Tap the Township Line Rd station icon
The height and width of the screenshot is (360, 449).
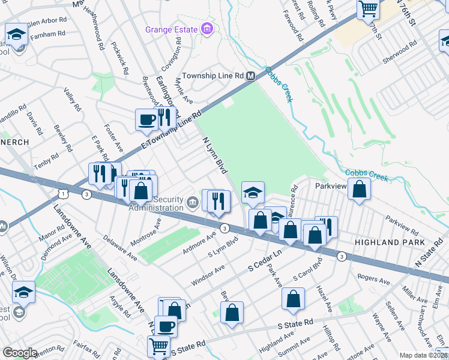[251, 76]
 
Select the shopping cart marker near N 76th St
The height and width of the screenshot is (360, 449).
[368, 8]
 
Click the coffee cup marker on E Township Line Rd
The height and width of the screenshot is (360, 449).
[146, 119]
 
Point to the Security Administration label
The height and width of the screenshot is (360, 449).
[158, 203]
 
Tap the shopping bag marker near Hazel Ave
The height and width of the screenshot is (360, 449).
[292, 299]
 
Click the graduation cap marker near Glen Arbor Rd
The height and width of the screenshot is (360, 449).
[17, 34]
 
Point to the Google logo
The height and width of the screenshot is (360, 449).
[20, 353]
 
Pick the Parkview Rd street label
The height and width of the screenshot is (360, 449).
[402, 226]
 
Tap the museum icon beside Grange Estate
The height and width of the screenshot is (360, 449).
[207, 29]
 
